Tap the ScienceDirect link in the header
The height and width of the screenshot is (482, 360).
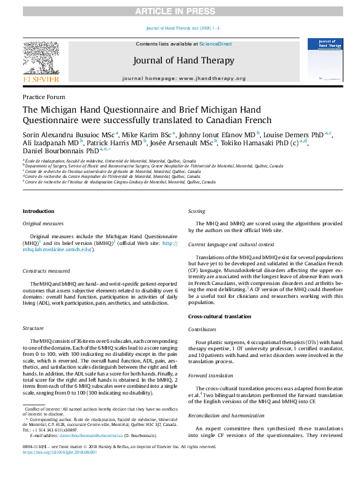click(215, 44)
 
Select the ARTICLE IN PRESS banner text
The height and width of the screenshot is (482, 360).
click(180, 12)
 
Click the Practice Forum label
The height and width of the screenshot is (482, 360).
click(44, 97)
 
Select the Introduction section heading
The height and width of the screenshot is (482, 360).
click(38, 211)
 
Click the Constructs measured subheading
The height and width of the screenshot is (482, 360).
click(46, 270)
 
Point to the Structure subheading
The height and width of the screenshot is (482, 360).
click(33, 329)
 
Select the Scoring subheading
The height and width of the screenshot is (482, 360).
click(197, 211)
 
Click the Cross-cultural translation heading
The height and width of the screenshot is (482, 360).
click(219, 316)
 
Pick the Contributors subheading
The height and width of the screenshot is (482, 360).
click(202, 329)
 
